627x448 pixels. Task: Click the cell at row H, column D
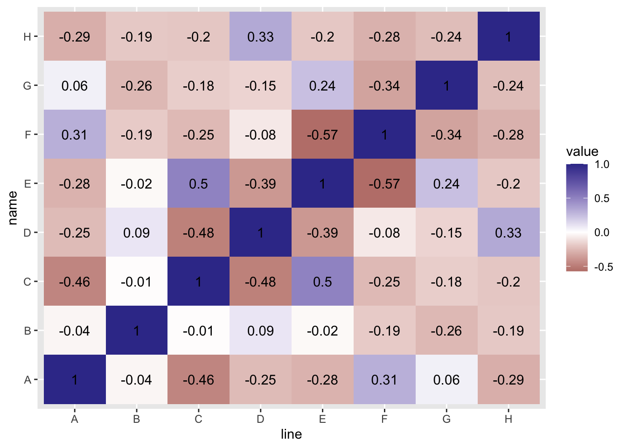coord(260,36)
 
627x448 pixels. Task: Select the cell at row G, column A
coord(75,85)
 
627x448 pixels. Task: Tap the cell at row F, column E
coord(322,134)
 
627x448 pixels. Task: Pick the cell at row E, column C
coord(198,183)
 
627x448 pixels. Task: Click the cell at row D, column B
coord(137,232)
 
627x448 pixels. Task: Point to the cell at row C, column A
coord(75,281)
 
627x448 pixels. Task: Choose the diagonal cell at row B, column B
coord(137,330)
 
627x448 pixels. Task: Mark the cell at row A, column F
coord(384,379)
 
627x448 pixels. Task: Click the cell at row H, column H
coord(509,36)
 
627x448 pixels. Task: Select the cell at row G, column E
coord(322,85)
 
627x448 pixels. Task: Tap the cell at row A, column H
coord(509,379)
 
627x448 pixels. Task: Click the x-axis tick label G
coord(446,419)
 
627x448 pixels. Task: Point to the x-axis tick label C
coord(198,419)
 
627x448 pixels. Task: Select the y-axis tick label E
coord(28,183)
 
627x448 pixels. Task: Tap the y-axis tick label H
coord(28,36)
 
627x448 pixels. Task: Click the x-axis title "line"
coord(291,434)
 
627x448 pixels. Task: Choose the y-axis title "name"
coord(13,208)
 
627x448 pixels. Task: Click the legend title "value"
coord(582,151)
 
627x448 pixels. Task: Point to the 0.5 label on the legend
coord(602,198)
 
